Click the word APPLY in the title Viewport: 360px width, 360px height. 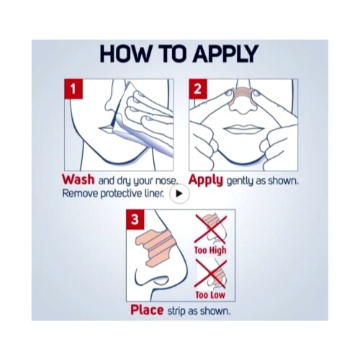click(225, 53)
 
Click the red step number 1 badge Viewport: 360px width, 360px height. click(73, 89)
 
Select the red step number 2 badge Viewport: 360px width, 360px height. click(198, 89)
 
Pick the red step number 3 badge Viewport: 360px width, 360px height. click(135, 220)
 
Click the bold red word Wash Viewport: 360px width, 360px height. click(78, 179)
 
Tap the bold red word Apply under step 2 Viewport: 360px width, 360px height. click(206, 181)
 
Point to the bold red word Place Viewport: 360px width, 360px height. click(147, 310)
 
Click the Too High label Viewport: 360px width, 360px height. click(210, 251)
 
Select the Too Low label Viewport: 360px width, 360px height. click(210, 294)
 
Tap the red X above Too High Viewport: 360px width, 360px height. click(210, 229)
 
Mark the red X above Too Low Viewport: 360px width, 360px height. click(210, 274)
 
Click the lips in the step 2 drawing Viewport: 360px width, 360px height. click(244, 130)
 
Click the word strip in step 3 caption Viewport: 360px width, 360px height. click(176, 311)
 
